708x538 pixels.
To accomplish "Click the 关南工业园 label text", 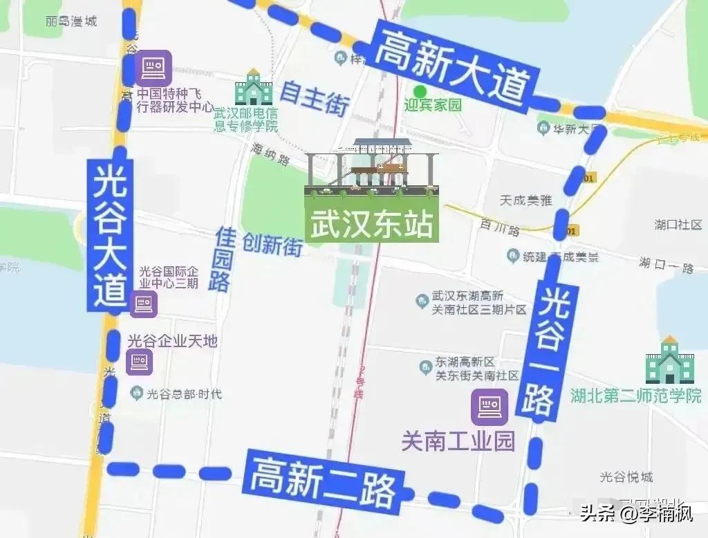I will click(x=458, y=440).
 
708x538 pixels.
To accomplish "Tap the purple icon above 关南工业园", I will click(x=490, y=406).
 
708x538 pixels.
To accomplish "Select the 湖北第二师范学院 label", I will click(x=636, y=396).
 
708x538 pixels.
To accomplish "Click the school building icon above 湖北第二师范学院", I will click(x=669, y=361).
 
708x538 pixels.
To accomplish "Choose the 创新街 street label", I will click(x=272, y=244).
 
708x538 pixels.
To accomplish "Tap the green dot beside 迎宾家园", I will click(x=418, y=91).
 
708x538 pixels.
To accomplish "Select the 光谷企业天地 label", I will click(x=173, y=341).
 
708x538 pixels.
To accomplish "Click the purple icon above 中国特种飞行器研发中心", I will click(x=153, y=68).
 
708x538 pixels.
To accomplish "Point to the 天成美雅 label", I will click(x=526, y=200).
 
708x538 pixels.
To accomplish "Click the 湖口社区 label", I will click(x=678, y=225).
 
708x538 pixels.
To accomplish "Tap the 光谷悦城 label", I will click(x=626, y=476).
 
